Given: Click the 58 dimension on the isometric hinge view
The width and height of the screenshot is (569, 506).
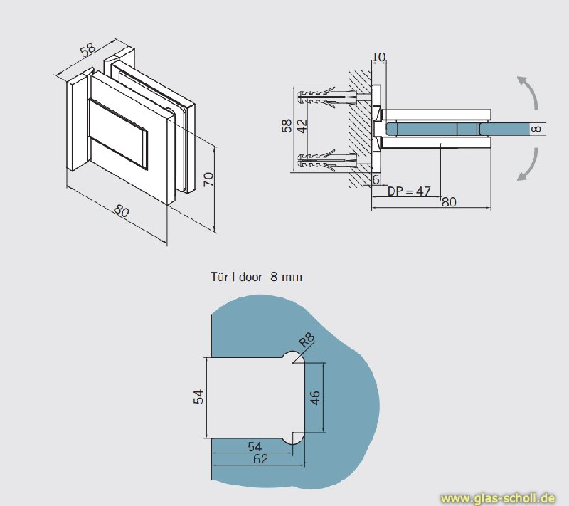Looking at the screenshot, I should pyautogui.click(x=87, y=50).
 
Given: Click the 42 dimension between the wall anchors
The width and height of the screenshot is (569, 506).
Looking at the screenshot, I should pyautogui.click(x=302, y=126).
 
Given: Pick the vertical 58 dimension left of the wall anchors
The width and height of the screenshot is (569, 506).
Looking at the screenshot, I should pyautogui.click(x=287, y=126).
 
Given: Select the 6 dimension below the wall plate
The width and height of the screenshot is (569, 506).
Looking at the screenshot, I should pyautogui.click(x=376, y=180).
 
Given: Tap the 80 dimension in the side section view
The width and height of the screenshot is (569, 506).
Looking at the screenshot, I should pyautogui.click(x=448, y=201).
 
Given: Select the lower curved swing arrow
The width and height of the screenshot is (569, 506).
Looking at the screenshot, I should pyautogui.click(x=526, y=165).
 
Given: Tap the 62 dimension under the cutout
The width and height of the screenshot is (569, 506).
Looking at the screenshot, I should pyautogui.click(x=260, y=460).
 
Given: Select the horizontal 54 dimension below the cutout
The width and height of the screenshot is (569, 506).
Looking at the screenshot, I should pyautogui.click(x=255, y=446).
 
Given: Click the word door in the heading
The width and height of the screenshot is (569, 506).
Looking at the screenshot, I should pyautogui.click(x=251, y=277).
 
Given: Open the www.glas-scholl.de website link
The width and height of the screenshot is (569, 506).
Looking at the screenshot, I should pyautogui.click(x=498, y=497).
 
